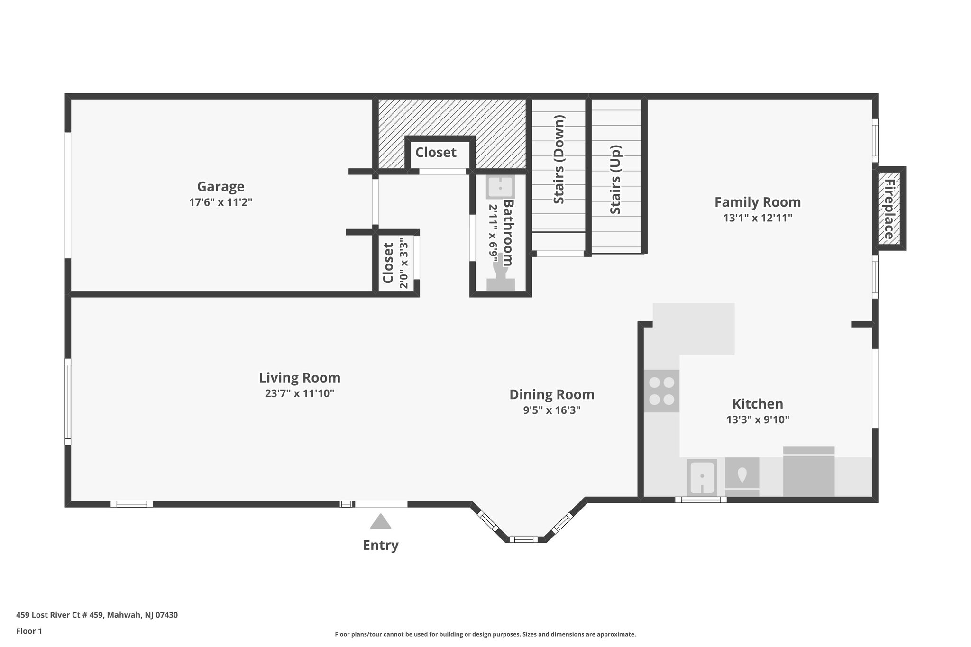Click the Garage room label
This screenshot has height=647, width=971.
220,186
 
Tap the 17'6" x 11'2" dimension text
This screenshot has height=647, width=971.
220,202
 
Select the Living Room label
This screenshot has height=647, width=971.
299,378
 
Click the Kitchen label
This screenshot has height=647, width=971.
757,404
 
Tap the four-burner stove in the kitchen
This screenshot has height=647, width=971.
661,391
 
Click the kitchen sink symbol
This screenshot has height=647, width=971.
702,477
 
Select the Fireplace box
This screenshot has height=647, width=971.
889,209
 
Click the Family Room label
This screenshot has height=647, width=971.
757,202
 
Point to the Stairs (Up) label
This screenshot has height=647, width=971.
615,180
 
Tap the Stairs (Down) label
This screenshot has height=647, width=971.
559,160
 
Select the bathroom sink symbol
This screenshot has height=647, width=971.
500,187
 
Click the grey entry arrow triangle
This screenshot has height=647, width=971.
380,522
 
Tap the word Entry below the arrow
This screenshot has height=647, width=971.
380,546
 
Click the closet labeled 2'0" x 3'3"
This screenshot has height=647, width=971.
395,263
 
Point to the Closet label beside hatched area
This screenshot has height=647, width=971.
436,153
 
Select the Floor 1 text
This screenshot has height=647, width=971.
29,631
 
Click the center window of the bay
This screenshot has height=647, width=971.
523,539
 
